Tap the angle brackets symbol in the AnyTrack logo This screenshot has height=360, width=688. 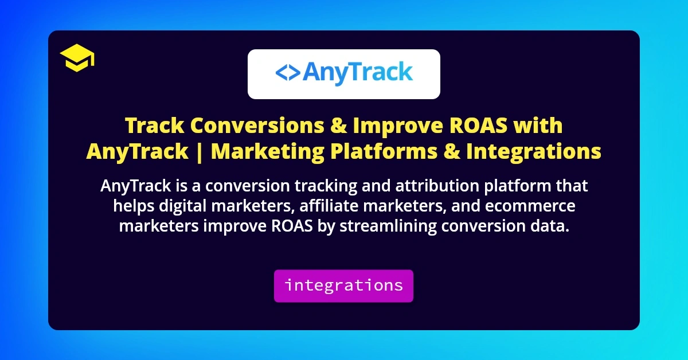(x=287, y=73)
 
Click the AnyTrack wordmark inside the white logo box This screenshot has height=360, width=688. (x=357, y=73)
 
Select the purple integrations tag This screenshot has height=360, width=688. (x=343, y=285)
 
